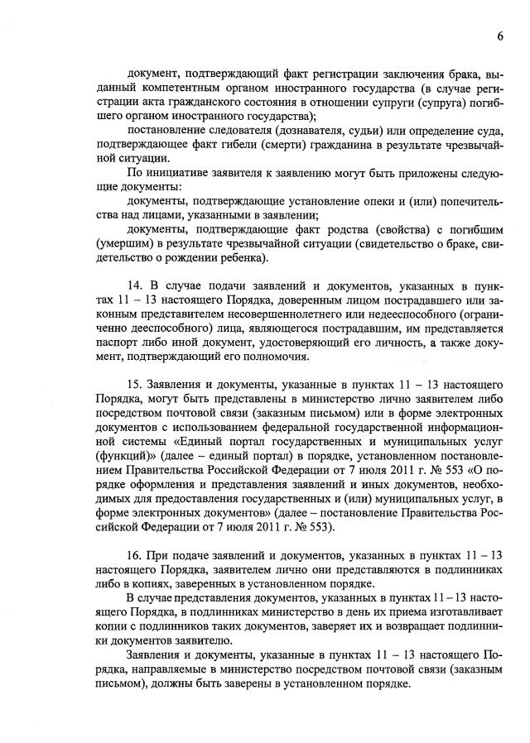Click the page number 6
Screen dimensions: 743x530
(501, 36)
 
